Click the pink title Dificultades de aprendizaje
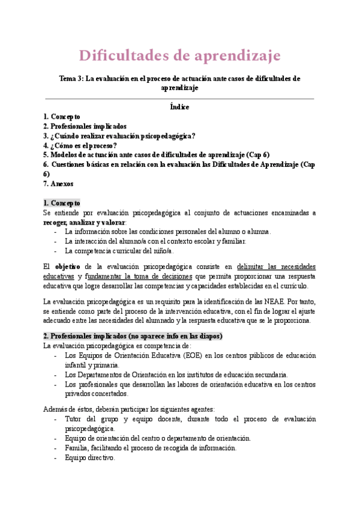[x=180, y=56]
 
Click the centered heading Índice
[x=180, y=107]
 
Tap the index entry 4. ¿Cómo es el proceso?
[x=80, y=145]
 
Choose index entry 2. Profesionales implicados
[x=85, y=126]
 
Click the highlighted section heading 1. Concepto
[x=61, y=203]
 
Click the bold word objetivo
[x=68, y=267]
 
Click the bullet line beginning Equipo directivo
[x=89, y=457]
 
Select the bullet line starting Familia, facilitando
[x=150, y=447]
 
